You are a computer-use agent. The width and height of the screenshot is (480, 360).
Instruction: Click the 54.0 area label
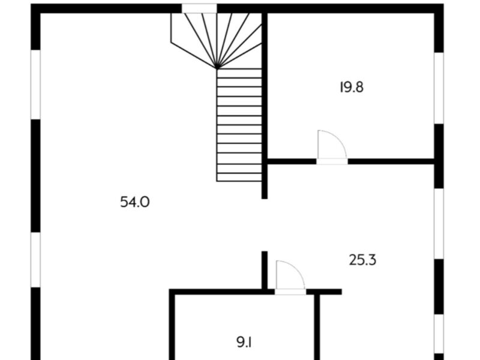tap(134, 202)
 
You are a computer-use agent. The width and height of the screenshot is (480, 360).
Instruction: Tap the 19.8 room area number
tap(352, 87)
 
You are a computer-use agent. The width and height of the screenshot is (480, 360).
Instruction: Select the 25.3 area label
tap(363, 260)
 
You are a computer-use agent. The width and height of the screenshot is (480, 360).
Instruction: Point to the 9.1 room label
tap(244, 342)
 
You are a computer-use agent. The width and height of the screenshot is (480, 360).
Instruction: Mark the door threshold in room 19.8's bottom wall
tap(332, 161)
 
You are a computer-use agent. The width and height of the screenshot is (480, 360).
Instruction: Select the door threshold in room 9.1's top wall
tap(290, 292)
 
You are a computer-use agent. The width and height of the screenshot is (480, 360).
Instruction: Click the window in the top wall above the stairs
tap(199, 8)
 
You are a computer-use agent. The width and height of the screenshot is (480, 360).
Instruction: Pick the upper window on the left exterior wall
tap(35, 85)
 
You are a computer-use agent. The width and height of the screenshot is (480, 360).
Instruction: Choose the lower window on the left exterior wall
tap(35, 260)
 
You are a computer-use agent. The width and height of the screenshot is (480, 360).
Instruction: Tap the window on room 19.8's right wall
tap(439, 88)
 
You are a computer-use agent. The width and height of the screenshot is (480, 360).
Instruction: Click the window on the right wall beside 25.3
tap(439, 223)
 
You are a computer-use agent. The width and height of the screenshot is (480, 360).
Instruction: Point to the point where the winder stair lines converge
tap(217, 68)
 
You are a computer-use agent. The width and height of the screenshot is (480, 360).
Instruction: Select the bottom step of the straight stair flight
tap(239, 178)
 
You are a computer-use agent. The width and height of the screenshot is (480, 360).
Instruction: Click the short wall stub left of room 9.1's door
tap(265, 270)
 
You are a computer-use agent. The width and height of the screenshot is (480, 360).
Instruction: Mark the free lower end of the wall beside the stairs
tap(265, 199)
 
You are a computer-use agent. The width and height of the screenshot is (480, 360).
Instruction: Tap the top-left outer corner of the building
tap(31, 4)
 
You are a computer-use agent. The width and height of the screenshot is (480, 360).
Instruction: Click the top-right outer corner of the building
tap(443, 4)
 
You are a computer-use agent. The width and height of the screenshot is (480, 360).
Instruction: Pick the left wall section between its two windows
tap(35, 176)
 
